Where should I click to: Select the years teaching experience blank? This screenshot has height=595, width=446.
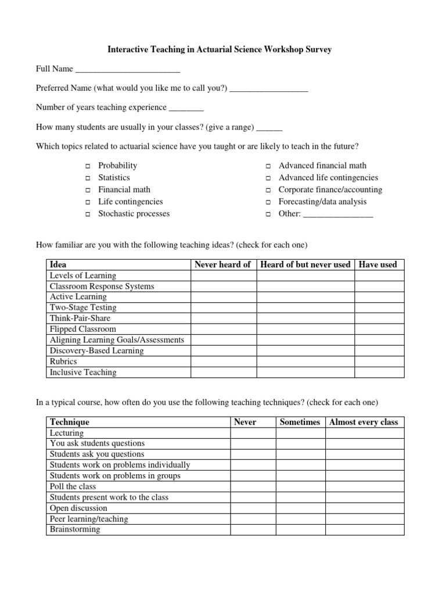pos(186,109)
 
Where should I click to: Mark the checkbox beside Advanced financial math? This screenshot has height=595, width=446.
pos(268,166)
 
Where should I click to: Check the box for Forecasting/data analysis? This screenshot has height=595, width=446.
pos(268,202)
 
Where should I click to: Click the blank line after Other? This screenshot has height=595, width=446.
pos(338,214)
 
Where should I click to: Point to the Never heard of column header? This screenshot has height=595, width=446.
pos(222,264)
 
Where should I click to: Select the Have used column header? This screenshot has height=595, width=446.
pos(378,264)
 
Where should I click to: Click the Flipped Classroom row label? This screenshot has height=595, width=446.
pos(83,329)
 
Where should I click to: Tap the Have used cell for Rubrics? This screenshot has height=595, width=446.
pos(379,361)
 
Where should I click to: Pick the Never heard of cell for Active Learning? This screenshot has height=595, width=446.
pos(223,297)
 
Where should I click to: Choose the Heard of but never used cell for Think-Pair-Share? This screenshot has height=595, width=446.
pos(305,318)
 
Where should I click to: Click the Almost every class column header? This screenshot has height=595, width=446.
pos(364,422)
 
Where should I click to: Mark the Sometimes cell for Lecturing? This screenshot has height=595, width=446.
pos(300,433)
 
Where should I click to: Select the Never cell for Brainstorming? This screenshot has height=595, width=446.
pos(253,529)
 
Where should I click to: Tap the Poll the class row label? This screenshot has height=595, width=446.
pos(73,486)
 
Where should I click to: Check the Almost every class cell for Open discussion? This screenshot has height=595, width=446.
pos(364,508)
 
